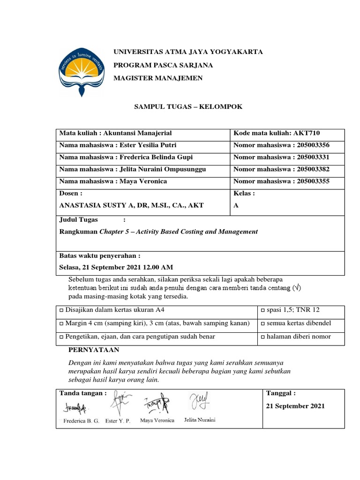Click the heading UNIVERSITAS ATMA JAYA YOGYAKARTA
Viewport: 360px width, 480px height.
[188, 52]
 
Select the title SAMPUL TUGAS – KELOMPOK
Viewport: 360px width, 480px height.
[188, 107]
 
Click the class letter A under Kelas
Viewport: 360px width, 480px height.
[236, 205]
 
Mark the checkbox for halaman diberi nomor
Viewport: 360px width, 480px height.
[262, 337]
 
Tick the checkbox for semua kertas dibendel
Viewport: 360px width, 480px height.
[262, 324]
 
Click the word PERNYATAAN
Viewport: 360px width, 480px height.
[94, 350]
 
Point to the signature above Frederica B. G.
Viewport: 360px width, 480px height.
[73, 407]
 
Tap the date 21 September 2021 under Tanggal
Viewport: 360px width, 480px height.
[295, 406]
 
